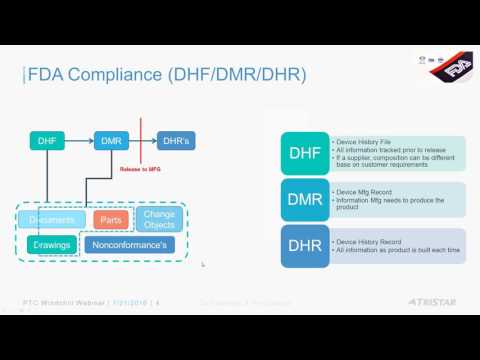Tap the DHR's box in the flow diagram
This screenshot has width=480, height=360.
tap(176, 141)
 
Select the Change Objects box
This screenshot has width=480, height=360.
tap(159, 219)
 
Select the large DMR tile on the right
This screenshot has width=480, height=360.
tap(304, 200)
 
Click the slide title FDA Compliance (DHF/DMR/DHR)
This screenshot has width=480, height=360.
tap(166, 75)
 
